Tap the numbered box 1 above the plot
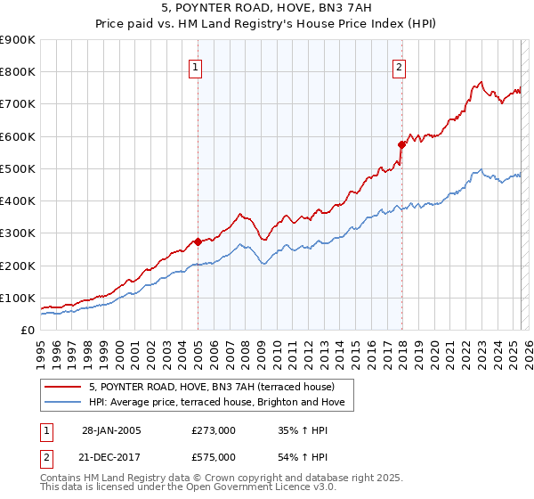[x=195, y=66]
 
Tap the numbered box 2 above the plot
[x=400, y=66]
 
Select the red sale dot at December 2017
[x=401, y=143]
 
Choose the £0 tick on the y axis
[x=27, y=330]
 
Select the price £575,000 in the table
[x=213, y=456]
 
